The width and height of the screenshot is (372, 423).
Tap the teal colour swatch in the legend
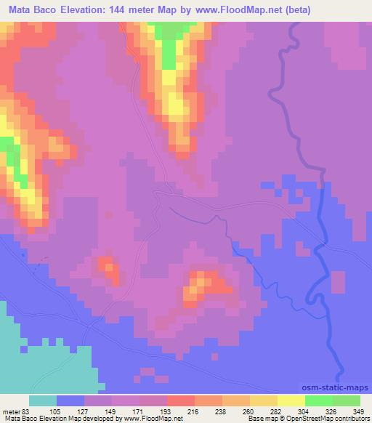coord(43,400)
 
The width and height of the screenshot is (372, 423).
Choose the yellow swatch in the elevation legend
coord(291,400)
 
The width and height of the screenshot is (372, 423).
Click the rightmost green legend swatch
coord(346,400)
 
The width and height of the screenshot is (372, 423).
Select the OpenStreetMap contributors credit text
coord(327,419)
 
